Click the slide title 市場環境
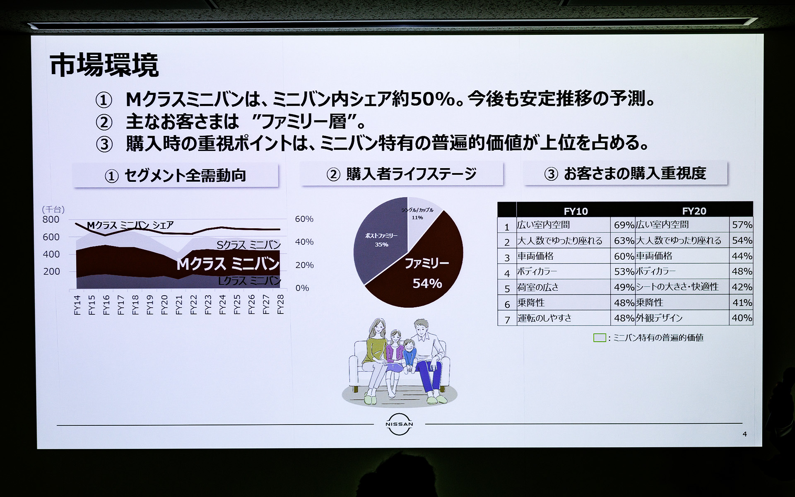click(x=104, y=65)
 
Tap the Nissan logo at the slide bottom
click(x=399, y=424)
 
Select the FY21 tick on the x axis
click(x=178, y=304)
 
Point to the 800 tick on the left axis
click(x=51, y=220)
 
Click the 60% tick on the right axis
click(x=304, y=219)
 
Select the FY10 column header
click(x=576, y=211)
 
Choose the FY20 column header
click(x=694, y=211)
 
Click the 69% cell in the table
click(x=624, y=225)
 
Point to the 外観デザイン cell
click(x=659, y=318)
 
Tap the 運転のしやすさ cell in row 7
click(x=544, y=318)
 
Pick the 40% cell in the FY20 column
click(x=742, y=318)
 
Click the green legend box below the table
click(x=599, y=338)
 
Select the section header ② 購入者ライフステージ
click(x=401, y=174)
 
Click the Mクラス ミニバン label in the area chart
click(x=228, y=264)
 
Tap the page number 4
click(x=745, y=434)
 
